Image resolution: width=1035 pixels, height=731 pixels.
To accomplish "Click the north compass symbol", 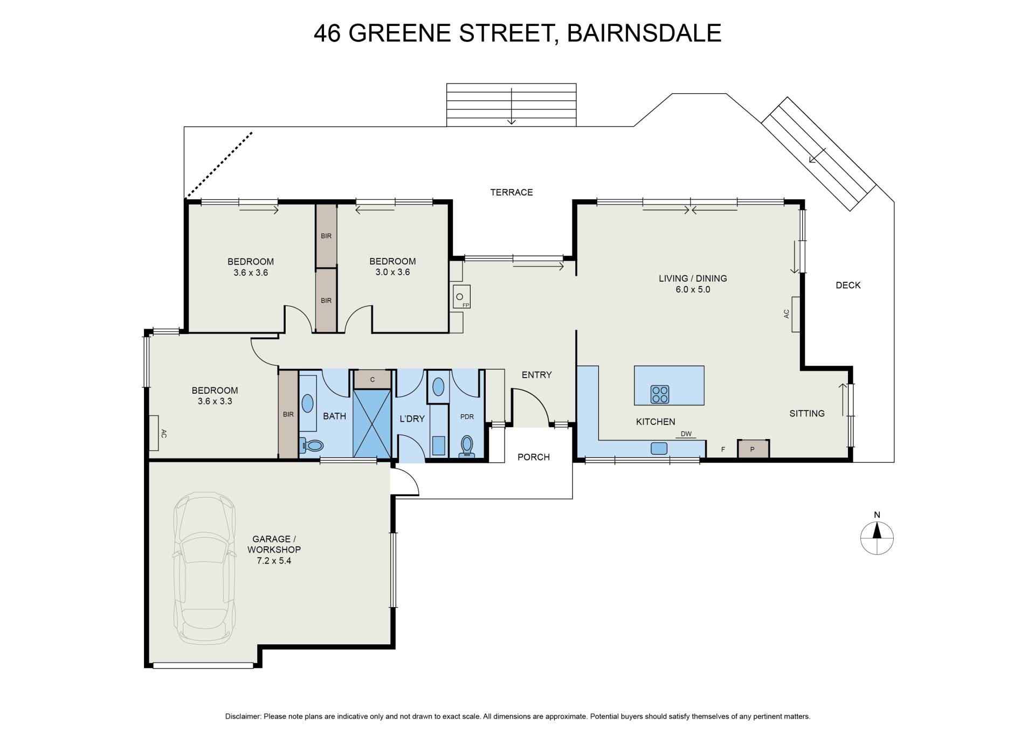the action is [x=877, y=538].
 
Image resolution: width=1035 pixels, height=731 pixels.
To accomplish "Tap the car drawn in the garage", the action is [x=204, y=565].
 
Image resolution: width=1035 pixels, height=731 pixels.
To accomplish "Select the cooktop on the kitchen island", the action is [x=660, y=394].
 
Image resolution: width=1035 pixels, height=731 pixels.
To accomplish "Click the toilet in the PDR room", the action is [x=467, y=446].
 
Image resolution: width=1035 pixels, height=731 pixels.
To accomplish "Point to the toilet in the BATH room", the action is [x=312, y=445].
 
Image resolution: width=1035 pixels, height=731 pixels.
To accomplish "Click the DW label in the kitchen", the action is [x=686, y=434].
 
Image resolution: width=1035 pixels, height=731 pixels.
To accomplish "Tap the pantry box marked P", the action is [x=753, y=449].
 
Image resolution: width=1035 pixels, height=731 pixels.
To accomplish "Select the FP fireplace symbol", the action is [x=461, y=297].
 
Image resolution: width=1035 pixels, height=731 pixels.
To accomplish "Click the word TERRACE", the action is [x=511, y=192].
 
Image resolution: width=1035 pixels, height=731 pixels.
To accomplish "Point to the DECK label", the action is [x=848, y=286].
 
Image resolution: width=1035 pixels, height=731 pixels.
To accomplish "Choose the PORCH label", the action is [x=534, y=457].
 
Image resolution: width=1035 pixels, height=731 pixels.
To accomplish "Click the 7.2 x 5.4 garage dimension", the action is [x=274, y=561].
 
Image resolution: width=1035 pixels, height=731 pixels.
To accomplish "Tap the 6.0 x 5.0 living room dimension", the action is [x=693, y=289].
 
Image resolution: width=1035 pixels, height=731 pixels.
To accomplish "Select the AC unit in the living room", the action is [x=795, y=314].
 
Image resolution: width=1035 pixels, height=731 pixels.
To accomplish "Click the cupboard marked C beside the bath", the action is [x=372, y=379].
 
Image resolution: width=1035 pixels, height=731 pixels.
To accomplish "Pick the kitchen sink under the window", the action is [x=659, y=448].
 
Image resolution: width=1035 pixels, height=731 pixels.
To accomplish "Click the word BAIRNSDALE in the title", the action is [x=644, y=33].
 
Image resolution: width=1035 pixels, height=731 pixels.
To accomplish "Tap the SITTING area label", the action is [x=807, y=414].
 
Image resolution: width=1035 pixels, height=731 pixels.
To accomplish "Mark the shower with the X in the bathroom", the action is [x=372, y=423].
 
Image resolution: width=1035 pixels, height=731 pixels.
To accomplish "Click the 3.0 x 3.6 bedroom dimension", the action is [x=392, y=272].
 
